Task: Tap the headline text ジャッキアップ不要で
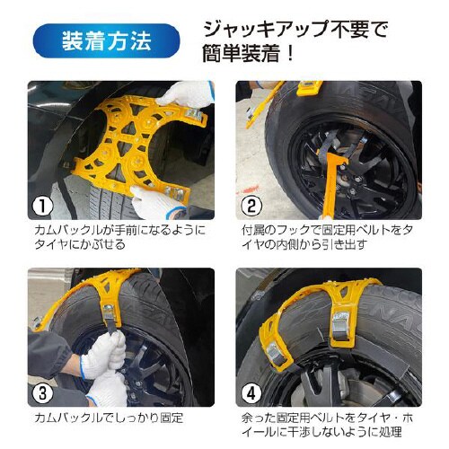[295, 28]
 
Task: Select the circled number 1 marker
[42, 207]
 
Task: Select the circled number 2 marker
[251, 207]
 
